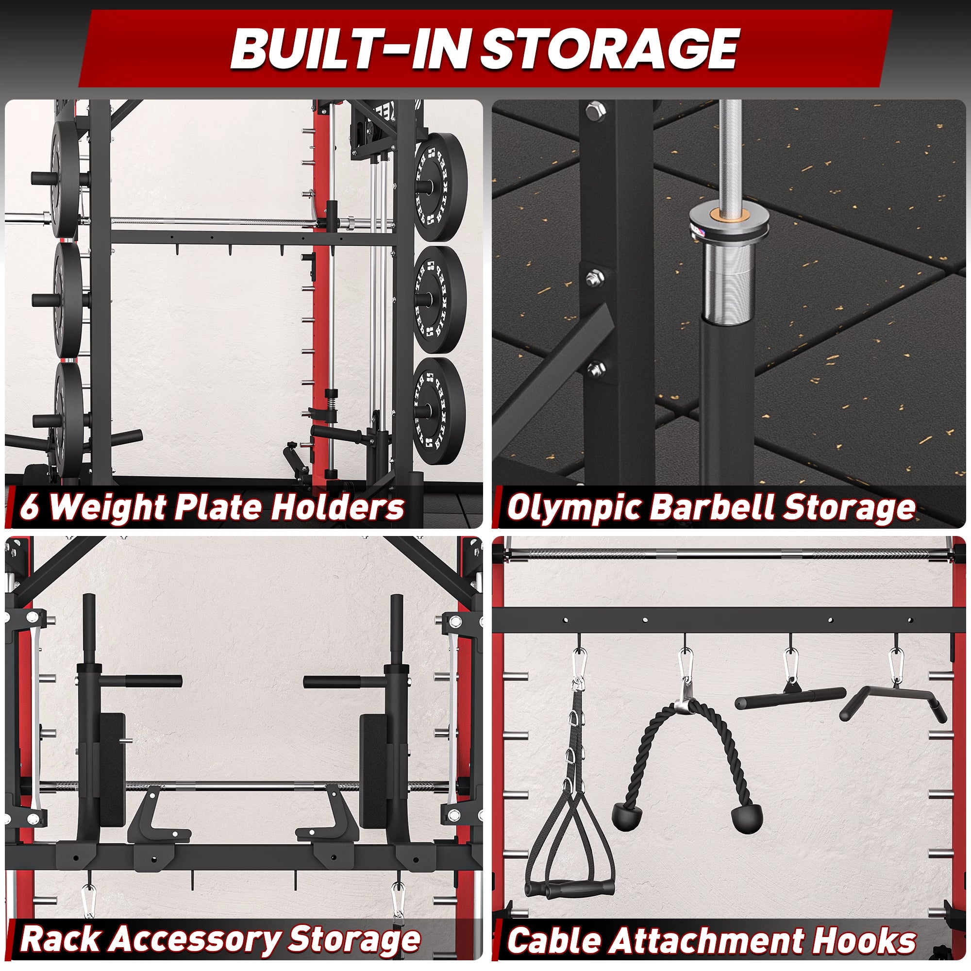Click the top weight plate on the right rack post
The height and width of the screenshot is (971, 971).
coord(441,187)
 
